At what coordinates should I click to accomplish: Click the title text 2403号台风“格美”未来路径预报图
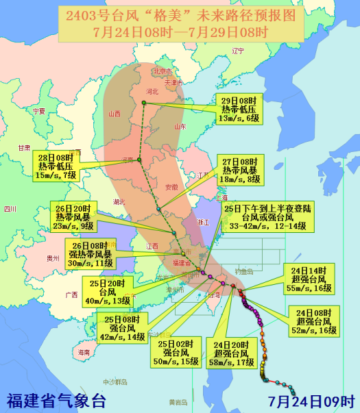[180, 14]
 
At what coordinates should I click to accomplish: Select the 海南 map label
[84, 352]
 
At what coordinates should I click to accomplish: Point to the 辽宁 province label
[239, 51]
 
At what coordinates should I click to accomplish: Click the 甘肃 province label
[25, 147]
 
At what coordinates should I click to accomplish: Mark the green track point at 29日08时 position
[144, 103]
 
